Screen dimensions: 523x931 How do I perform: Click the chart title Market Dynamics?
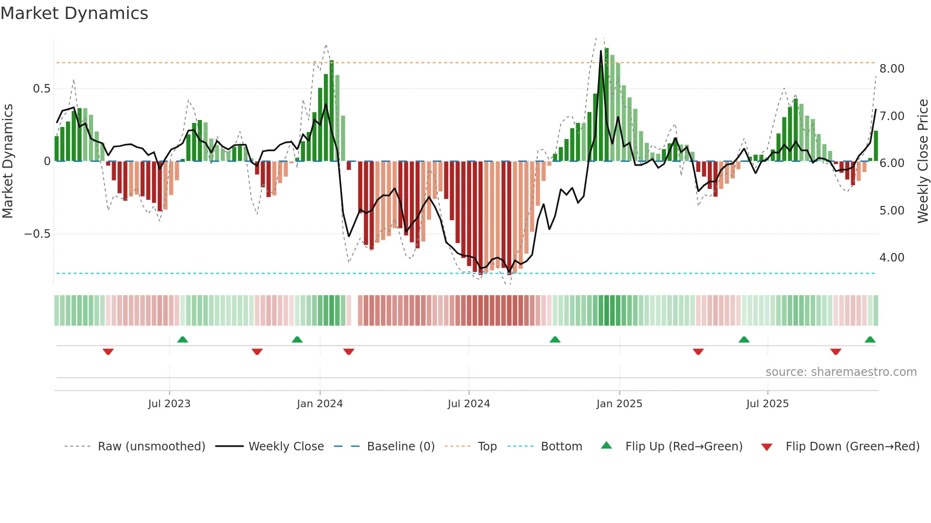[x=75, y=13]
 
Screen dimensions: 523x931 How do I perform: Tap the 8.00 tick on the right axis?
[x=892, y=69]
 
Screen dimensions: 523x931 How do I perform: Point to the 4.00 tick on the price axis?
[x=892, y=258]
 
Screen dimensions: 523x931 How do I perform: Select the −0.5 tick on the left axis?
[x=37, y=234]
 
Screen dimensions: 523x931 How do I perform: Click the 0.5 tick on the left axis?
[x=41, y=89]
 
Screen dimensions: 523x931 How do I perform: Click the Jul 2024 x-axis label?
[x=468, y=404]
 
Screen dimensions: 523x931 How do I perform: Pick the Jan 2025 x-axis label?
[x=619, y=404]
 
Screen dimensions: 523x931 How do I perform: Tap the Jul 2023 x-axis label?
[x=169, y=404]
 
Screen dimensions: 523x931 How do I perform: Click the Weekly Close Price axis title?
[x=922, y=161]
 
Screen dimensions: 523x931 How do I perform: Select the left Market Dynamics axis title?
[x=8, y=161]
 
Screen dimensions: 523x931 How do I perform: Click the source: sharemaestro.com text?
[x=841, y=372]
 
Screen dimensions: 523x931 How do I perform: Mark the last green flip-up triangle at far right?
[x=870, y=340]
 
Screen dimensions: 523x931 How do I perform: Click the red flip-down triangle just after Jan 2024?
[x=349, y=352]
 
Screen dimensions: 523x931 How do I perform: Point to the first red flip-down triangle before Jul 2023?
[x=108, y=352]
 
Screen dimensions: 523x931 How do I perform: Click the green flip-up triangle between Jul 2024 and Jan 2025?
[x=555, y=340]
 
